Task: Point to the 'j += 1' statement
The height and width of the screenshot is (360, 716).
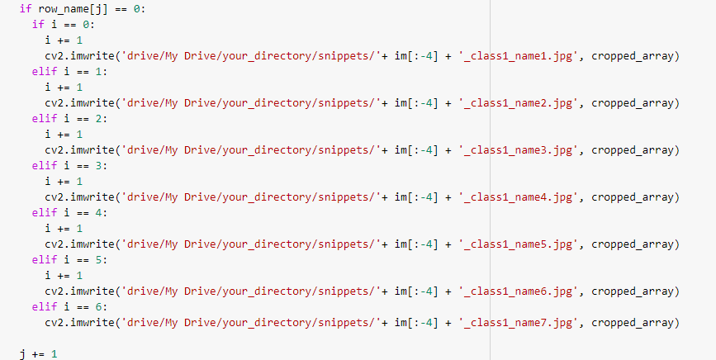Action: [38, 353]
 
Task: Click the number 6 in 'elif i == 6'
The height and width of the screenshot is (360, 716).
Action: [91, 307]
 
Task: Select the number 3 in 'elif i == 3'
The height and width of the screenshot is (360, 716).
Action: [91, 166]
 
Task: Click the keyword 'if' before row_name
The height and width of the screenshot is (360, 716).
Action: [25, 9]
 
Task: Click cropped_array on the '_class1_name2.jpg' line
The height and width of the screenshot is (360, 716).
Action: [635, 103]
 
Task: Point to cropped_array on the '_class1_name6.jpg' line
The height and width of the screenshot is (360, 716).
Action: [635, 291]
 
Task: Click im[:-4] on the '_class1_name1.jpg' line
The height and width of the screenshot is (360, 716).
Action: [414, 56]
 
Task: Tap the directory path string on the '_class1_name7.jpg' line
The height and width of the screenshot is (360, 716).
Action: [251, 323]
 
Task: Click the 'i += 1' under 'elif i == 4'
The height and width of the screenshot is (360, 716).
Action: [64, 229]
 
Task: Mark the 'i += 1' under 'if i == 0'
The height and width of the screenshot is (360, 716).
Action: [64, 40]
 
